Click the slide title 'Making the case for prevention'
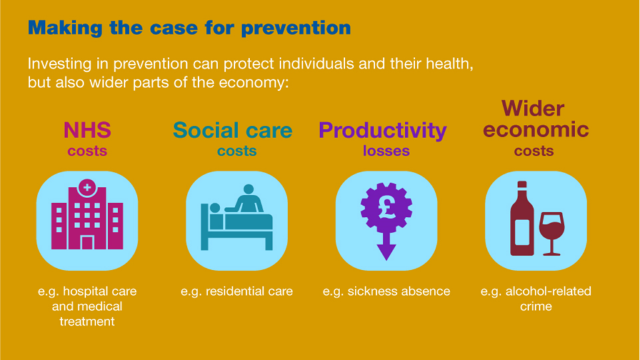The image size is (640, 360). point(189,27)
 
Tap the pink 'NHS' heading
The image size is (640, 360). point(87,130)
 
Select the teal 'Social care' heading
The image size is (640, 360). point(232,130)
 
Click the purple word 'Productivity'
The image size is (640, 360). point(382,131)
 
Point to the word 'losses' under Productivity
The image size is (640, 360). point(386,151)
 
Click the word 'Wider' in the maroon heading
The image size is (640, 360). point(532,109)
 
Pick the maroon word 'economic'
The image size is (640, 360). point(536,130)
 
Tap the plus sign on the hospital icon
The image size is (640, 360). point(87,187)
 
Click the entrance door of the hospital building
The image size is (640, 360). point(87,243)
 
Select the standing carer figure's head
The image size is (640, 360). point(248,190)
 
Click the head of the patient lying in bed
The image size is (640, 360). point(215,208)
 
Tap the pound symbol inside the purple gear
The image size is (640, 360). point(386,207)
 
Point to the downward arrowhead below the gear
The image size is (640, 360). point(386,252)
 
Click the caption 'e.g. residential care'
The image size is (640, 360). point(237,291)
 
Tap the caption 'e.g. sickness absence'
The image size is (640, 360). point(386,291)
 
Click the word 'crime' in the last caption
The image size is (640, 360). point(536,306)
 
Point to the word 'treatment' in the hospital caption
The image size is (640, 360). point(87,322)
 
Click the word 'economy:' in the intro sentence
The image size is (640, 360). point(254,83)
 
